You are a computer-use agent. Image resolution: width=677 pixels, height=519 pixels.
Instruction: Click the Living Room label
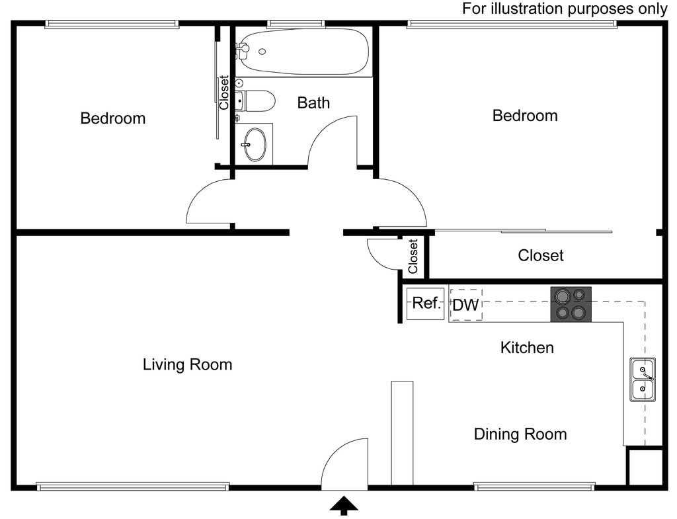click(187, 364)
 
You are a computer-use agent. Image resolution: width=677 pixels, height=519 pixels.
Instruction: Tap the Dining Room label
click(520, 434)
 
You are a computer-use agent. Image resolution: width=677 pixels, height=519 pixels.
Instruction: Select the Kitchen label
click(527, 347)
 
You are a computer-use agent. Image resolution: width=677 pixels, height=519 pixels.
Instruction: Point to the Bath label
click(313, 102)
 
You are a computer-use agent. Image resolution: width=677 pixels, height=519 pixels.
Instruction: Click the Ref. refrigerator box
click(426, 304)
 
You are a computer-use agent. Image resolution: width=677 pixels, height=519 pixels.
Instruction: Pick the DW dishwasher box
click(465, 305)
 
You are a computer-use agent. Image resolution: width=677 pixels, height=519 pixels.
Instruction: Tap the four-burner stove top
click(571, 304)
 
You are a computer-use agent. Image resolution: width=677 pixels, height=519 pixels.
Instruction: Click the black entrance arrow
click(344, 505)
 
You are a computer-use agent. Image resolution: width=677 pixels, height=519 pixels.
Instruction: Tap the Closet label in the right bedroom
click(540, 255)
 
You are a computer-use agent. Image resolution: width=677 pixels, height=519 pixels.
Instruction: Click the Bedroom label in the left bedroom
click(113, 118)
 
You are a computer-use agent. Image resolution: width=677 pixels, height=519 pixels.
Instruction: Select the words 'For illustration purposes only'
click(565, 9)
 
